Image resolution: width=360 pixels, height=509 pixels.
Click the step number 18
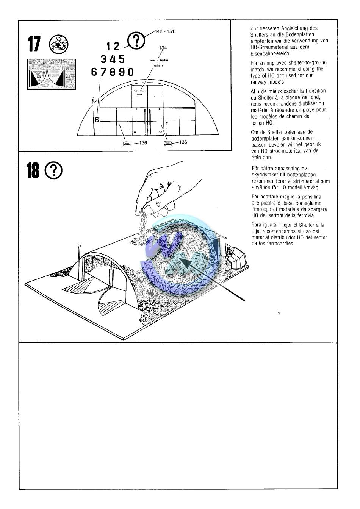pos(33,171)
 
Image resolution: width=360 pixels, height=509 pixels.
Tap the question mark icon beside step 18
pos(53,171)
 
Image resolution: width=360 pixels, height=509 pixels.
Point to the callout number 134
pos(163,48)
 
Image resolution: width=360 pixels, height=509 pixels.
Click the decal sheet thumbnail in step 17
pos(51,74)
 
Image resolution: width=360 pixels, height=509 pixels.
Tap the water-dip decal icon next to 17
pos(59,45)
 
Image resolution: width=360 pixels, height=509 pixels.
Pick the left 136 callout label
pos(143,143)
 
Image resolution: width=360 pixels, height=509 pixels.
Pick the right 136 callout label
pos(183,142)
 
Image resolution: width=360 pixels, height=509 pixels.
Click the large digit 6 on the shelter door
pos(97,120)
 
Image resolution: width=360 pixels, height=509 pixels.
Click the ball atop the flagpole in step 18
pos(79,247)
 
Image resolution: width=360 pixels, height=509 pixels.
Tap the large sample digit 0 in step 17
pos(130,72)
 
